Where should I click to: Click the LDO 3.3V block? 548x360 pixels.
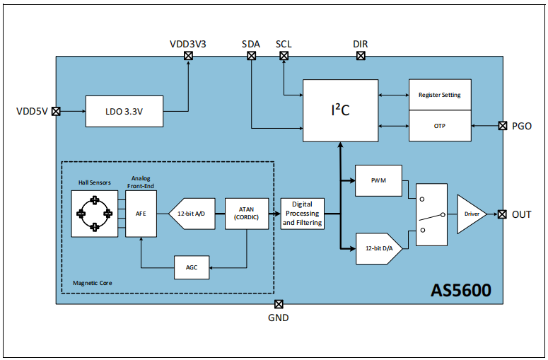124,112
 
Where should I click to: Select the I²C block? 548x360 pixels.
340,110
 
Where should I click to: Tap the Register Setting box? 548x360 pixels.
439,95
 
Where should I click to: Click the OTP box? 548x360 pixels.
439,126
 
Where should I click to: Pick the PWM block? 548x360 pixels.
378,180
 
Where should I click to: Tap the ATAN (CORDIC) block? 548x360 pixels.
247,213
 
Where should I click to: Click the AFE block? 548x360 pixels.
141,213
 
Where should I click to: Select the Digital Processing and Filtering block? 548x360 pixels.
303,213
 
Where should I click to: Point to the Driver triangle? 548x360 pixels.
470,214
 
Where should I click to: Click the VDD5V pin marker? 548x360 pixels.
57,112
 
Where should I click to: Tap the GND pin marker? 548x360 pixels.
279,304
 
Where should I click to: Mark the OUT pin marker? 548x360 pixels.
502,214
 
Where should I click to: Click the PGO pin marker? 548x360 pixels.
502,126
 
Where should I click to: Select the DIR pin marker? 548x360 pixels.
361,56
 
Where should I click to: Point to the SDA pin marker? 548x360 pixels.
251,56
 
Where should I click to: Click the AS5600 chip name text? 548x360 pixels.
460,290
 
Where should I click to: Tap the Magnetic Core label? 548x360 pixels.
93,283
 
